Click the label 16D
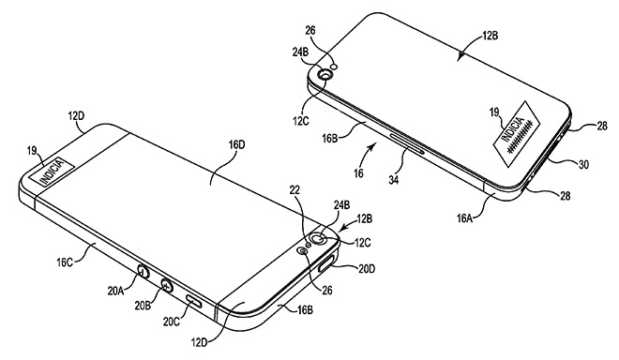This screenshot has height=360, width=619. tap(236, 145)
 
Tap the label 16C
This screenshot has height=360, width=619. tap(65, 262)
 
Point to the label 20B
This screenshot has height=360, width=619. tap(143, 306)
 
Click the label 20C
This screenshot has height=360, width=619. tap(172, 322)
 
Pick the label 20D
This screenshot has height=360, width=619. tap(367, 269)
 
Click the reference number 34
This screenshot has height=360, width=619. tap(393, 180)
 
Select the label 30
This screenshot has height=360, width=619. tap(583, 164)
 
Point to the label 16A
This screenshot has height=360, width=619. tap(465, 217)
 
